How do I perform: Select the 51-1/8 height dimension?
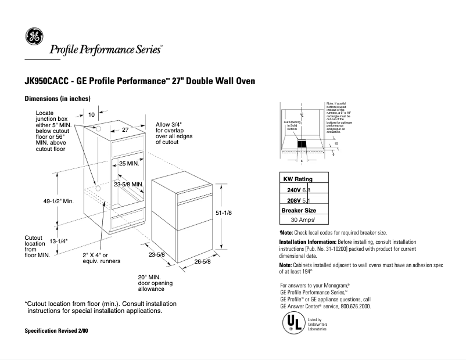pos(224,213)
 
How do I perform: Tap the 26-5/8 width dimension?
pos(203,262)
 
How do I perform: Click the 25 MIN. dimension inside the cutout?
pos(129,164)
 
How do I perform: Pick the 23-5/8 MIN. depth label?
pos(128,184)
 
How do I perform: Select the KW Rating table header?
pos(297,179)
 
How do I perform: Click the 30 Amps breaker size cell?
pos(303,220)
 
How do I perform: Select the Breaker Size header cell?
pos(299,210)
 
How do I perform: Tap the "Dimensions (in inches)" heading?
pos(57,99)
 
